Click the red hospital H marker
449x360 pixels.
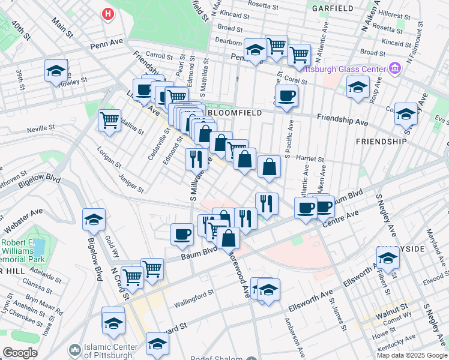tap(108, 13)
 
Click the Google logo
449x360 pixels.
tap(20, 353)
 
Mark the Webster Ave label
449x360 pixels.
tap(24, 221)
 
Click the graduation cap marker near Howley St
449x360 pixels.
tap(56, 71)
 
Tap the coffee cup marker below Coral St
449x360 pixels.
tap(287, 95)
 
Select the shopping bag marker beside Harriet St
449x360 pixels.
tap(270, 167)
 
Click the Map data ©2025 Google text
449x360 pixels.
tap(411, 355)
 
